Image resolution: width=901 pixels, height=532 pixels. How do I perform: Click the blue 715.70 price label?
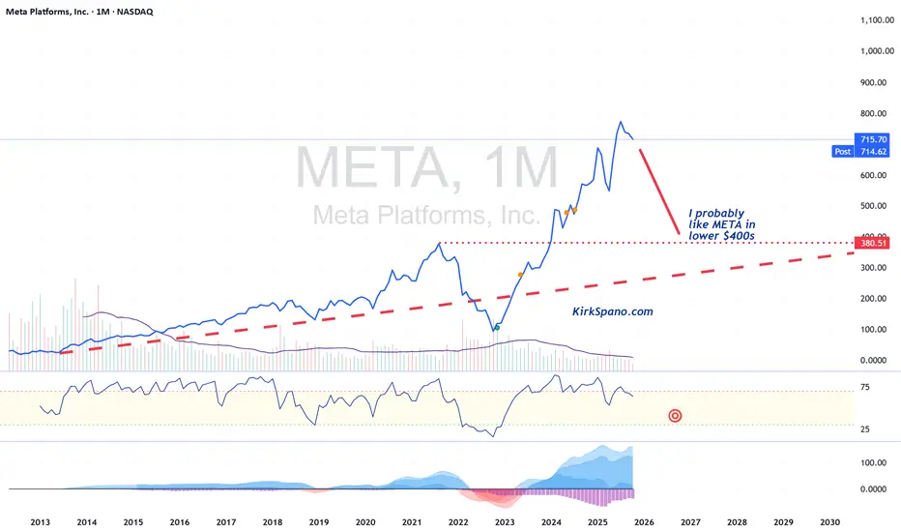(875, 140)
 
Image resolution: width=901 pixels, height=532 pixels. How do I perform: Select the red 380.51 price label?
(874, 244)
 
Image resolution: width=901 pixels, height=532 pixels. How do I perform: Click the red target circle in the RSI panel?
(675, 416)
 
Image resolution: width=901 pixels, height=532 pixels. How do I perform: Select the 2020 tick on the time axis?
(365, 522)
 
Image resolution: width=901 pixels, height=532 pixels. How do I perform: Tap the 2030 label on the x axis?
(829, 522)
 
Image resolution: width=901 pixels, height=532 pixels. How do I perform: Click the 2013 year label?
(41, 522)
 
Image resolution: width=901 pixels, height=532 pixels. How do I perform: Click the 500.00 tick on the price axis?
(874, 206)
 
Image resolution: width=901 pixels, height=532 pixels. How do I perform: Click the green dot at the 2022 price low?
(497, 328)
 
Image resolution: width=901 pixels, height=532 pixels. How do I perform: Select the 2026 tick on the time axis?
(644, 522)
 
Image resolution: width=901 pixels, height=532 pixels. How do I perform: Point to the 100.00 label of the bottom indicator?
(874, 463)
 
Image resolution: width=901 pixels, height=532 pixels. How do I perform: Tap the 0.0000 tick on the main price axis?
(874, 360)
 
